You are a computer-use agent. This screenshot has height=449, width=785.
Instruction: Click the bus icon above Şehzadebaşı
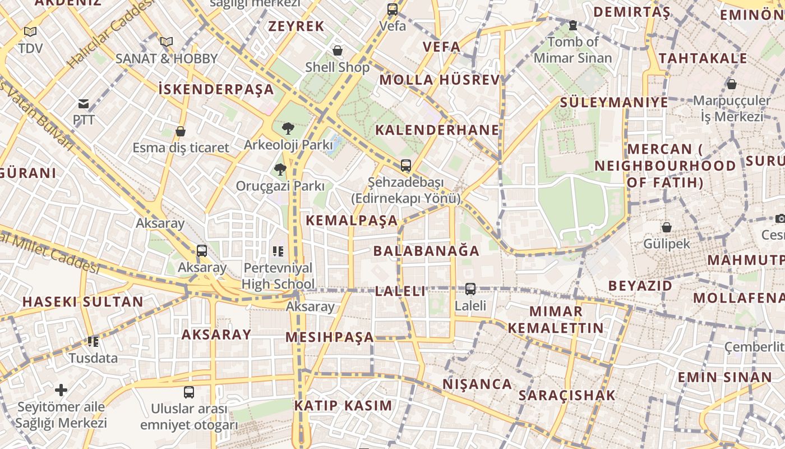(405, 166)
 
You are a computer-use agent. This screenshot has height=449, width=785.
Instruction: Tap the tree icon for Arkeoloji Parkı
(288, 129)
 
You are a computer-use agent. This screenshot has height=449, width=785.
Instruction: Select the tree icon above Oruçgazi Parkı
(280, 169)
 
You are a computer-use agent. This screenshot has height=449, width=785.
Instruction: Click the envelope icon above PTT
(84, 103)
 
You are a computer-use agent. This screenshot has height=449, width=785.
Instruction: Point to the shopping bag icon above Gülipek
(666, 227)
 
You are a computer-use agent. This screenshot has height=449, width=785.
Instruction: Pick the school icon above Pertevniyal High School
(278, 251)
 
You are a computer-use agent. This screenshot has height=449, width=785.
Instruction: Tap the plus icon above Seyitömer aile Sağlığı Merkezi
(61, 390)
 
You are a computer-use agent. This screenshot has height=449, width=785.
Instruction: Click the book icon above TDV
(30, 32)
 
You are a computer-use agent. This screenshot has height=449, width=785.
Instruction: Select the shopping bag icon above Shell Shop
(338, 51)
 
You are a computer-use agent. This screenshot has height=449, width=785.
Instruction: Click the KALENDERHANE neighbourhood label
(437, 130)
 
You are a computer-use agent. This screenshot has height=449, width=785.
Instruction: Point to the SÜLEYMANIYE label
(614, 102)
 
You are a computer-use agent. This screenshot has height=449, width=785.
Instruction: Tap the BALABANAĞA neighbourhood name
(426, 251)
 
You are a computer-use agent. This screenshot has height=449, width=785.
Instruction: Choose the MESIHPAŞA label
(329, 337)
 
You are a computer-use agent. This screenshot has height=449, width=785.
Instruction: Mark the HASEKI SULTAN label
(83, 301)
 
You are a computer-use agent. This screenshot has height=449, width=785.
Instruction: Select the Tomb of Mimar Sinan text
(572, 50)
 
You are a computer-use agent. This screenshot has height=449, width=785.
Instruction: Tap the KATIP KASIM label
(343, 405)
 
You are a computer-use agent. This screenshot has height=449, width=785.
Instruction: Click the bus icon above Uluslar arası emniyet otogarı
(189, 392)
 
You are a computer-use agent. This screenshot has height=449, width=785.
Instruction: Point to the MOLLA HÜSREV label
(439, 80)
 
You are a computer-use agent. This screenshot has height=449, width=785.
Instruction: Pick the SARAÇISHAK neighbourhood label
(567, 395)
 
